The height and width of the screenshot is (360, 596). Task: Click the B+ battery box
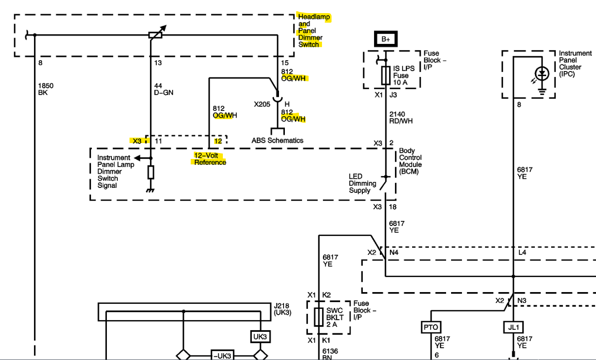[x=385, y=39]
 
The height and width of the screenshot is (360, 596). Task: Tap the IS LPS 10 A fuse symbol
[x=386, y=75]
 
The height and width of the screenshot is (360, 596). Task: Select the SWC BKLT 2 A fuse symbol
[x=319, y=317]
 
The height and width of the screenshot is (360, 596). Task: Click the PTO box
[x=431, y=326]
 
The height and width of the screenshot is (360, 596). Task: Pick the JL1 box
[x=513, y=326]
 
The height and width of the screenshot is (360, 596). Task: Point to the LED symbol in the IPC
[x=541, y=73]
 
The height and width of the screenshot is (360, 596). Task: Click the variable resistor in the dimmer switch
[x=156, y=34]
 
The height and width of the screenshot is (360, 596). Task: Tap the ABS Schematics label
[x=277, y=140]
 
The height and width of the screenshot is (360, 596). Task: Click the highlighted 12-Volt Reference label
[x=209, y=159]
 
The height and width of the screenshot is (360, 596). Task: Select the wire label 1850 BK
[x=45, y=89]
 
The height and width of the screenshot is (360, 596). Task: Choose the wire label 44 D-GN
[x=163, y=89]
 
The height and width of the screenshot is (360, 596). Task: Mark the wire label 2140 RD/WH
[x=401, y=117]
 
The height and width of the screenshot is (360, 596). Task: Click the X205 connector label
[x=263, y=104]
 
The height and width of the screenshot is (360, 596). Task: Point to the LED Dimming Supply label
[x=362, y=183]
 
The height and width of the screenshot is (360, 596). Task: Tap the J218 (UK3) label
[x=282, y=309]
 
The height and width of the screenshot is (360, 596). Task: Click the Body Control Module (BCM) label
[x=410, y=161]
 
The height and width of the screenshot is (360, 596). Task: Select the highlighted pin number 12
[x=218, y=141]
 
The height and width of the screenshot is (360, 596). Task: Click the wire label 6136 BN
[x=330, y=354]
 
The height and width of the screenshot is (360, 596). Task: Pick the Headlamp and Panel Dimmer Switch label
[x=313, y=30]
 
